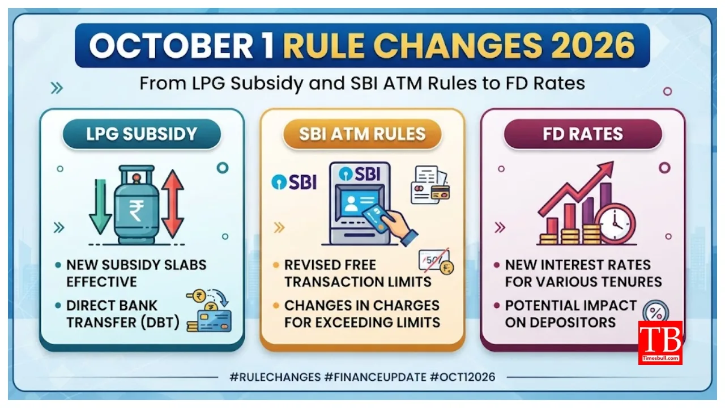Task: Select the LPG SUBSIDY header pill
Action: point(142,134)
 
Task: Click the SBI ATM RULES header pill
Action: point(362,134)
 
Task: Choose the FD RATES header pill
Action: point(583,134)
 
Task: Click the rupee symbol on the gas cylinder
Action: point(137,210)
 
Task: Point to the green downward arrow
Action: point(100,207)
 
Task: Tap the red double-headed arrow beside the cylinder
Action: point(173,203)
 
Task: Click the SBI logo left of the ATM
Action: point(294,182)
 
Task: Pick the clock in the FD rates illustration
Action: point(615,224)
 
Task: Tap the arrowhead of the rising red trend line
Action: point(605,169)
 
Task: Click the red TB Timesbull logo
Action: point(660,343)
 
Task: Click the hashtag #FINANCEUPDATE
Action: point(375,377)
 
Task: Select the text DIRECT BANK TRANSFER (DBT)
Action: point(123,314)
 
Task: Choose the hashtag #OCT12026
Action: point(463,377)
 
